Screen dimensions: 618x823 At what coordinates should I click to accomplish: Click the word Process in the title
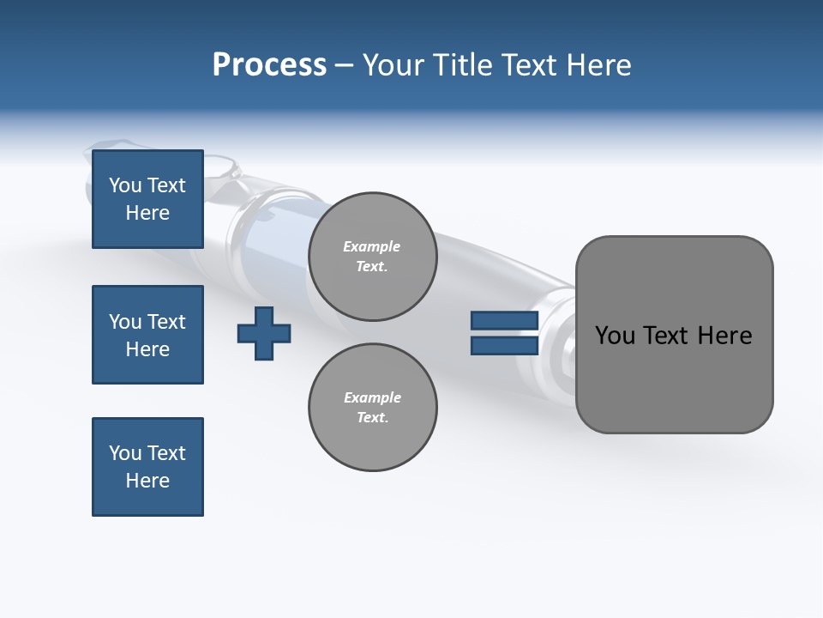click(269, 65)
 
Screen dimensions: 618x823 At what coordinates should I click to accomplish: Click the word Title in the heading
click(462, 65)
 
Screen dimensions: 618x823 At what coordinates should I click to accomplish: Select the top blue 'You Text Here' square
click(147, 199)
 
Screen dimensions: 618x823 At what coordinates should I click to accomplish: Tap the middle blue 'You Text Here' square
click(147, 335)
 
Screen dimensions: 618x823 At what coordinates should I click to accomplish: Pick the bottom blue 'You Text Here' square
click(147, 467)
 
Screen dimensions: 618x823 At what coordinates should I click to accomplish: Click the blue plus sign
click(264, 333)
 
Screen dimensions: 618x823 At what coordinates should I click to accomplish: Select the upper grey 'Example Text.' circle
click(373, 256)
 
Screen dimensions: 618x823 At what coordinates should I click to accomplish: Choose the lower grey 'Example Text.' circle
click(373, 407)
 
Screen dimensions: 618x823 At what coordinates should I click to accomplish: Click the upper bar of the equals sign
click(504, 321)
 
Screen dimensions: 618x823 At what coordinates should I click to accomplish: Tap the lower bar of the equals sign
click(504, 346)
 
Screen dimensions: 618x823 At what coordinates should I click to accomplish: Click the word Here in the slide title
click(599, 65)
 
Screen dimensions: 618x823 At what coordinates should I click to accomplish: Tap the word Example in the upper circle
click(371, 246)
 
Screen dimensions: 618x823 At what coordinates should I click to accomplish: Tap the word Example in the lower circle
click(372, 397)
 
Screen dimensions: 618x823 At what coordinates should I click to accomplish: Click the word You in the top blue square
click(125, 185)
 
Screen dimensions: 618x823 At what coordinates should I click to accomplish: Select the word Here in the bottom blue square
click(147, 481)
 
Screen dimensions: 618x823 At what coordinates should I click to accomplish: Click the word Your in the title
click(393, 65)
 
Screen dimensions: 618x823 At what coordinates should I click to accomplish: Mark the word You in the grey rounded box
click(615, 336)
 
